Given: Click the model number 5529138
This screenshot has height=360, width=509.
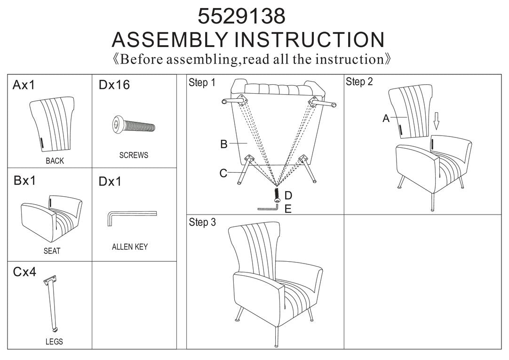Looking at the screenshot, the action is pyautogui.click(x=241, y=16).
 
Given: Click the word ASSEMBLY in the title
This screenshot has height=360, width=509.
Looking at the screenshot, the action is pyautogui.click(x=169, y=40).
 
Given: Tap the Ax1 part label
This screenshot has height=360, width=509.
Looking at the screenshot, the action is pyautogui.click(x=24, y=85).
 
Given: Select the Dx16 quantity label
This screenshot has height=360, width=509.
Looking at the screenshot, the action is pyautogui.click(x=114, y=85).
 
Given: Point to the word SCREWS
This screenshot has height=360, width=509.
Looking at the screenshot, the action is pyautogui.click(x=134, y=155).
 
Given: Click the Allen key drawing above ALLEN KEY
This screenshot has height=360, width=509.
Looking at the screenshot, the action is pyautogui.click(x=132, y=218).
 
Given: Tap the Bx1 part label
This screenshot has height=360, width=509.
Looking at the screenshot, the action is pyautogui.click(x=24, y=181).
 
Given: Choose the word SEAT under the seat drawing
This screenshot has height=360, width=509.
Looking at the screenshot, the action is pyautogui.click(x=52, y=251).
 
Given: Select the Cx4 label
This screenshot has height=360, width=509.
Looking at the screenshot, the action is pyautogui.click(x=24, y=272).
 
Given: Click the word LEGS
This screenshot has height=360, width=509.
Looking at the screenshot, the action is pyautogui.click(x=54, y=342).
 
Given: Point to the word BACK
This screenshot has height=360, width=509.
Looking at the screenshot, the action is pyautogui.click(x=55, y=160).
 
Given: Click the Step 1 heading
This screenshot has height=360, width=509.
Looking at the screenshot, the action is pyautogui.click(x=202, y=82).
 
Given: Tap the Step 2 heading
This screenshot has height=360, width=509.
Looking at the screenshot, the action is pyautogui.click(x=359, y=81).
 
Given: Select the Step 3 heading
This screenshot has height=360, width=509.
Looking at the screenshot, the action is pyautogui.click(x=202, y=222).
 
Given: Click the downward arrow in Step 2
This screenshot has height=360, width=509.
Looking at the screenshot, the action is pyautogui.click(x=437, y=121).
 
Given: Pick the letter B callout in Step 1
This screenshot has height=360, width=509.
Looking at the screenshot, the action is pyautogui.click(x=223, y=144).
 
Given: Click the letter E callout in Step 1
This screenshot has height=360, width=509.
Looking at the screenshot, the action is pyautogui.click(x=288, y=209).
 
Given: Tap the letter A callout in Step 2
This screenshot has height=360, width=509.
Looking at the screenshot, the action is pyautogui.click(x=386, y=118).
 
